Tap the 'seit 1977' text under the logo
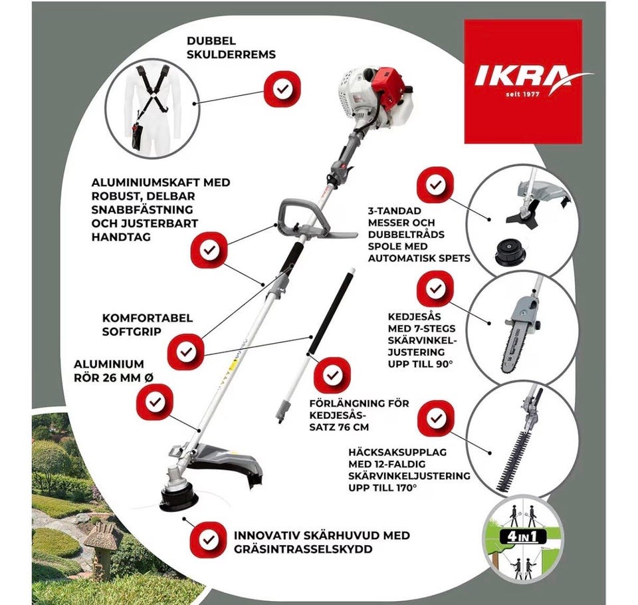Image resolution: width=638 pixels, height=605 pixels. coord(522,94)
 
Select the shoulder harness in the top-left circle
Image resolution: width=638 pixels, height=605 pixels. coord(152,99)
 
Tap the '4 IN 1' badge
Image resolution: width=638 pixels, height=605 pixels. coord(522,537)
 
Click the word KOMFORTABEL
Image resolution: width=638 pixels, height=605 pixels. coord(148,318)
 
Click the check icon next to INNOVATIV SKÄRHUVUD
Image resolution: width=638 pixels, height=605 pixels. coord(209,540)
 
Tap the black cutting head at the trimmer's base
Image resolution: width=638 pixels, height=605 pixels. coord(178,499)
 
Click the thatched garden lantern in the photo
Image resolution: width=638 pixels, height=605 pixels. coord(100,546)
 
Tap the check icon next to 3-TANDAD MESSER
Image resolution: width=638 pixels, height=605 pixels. coord(435,185)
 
